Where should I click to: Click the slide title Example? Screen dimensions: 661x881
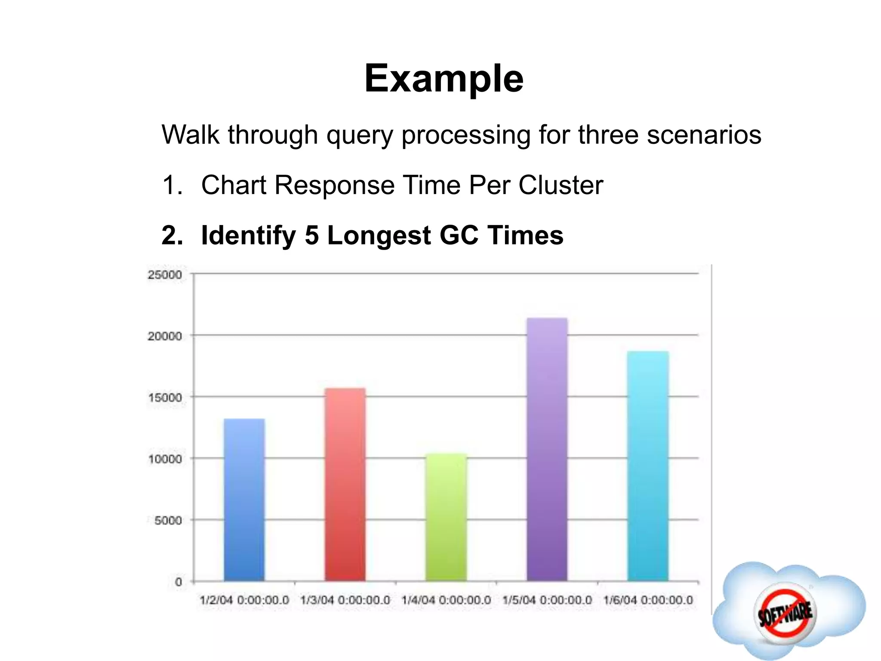pyautogui.click(x=444, y=78)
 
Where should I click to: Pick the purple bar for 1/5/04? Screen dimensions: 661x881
pyautogui.click(x=547, y=450)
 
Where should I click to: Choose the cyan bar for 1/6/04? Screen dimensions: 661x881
pyautogui.click(x=648, y=466)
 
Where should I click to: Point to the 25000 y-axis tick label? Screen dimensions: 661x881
pyautogui.click(x=165, y=275)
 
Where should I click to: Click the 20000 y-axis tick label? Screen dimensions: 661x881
pyautogui.click(x=165, y=336)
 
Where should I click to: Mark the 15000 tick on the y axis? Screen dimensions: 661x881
pyautogui.click(x=165, y=398)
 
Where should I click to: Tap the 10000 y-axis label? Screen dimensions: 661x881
pyautogui.click(x=165, y=459)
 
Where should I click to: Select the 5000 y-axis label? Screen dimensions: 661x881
pyautogui.click(x=168, y=521)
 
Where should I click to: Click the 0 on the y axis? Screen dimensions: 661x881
pyautogui.click(x=179, y=582)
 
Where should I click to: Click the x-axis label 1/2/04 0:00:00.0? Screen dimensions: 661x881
pyautogui.click(x=244, y=600)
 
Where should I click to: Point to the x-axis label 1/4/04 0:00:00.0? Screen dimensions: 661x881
pyautogui.click(x=446, y=600)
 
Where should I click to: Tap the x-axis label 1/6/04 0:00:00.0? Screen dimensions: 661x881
pyautogui.click(x=648, y=600)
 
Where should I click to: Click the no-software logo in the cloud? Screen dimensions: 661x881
pyautogui.click(x=785, y=612)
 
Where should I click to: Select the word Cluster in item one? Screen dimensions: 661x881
pyautogui.click(x=561, y=185)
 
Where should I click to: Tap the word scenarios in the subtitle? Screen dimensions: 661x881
pyautogui.click(x=704, y=135)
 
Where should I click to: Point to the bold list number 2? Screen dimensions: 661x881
pyautogui.click(x=172, y=235)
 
